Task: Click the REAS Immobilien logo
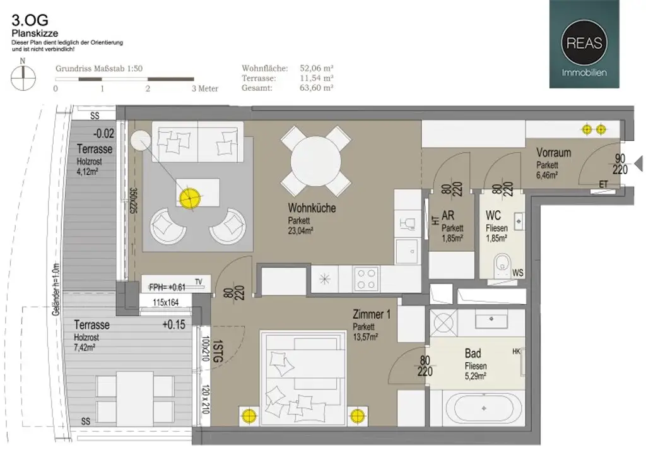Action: pyautogui.click(x=584, y=44)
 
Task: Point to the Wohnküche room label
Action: pyautogui.click(x=312, y=208)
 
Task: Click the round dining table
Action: pyautogui.click(x=315, y=161)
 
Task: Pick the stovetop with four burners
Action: pyautogui.click(x=365, y=278)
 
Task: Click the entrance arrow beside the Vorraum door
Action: pyautogui.click(x=638, y=164)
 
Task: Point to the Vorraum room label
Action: pyautogui.click(x=553, y=153)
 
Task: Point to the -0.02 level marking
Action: pyautogui.click(x=103, y=134)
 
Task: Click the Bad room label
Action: pyautogui.click(x=473, y=353)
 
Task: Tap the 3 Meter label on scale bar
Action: pyautogui.click(x=204, y=88)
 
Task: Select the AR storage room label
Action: pyautogui.click(x=449, y=215)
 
